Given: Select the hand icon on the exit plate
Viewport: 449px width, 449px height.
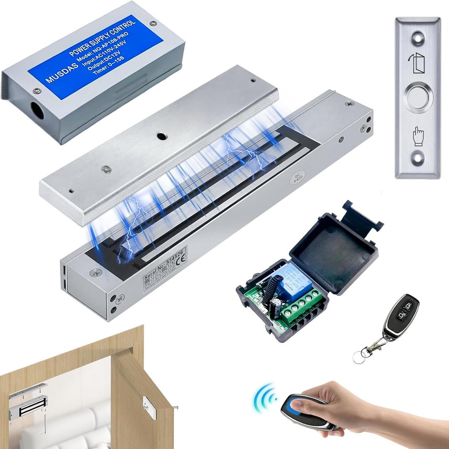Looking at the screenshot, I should (x=417, y=136).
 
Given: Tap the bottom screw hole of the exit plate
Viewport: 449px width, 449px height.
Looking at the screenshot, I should (x=417, y=158).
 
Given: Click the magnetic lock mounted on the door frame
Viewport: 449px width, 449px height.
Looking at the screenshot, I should (x=28, y=406).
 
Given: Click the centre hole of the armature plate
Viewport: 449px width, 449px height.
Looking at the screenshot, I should (x=160, y=136).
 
